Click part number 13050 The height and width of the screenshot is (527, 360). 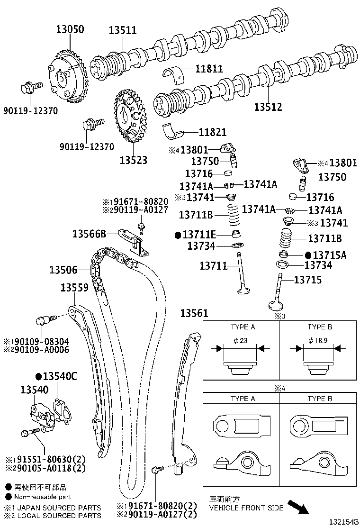70,29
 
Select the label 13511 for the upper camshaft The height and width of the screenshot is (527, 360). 123,31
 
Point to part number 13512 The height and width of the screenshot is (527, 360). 268,107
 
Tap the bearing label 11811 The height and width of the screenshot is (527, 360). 209,69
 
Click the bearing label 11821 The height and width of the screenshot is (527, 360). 213,132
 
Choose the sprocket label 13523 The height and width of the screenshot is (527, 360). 133,160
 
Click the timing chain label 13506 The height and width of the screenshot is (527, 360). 63,270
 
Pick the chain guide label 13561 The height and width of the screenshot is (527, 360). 194,313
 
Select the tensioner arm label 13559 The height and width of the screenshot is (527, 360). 74,288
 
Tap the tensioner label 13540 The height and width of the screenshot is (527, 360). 35,390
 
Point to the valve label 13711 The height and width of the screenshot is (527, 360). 214,266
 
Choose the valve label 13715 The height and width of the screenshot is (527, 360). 307,280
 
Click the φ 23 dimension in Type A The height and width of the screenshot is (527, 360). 241,341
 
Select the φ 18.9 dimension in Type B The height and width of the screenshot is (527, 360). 318,341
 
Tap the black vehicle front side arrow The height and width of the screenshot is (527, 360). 298,507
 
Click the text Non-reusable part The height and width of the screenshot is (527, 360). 43,497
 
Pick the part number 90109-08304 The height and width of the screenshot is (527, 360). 40,342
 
